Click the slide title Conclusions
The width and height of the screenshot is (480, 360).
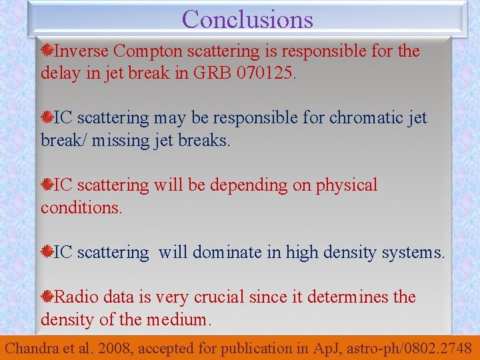[247, 19]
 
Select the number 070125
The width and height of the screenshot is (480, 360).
[261, 73]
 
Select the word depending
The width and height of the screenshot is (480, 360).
[245, 185]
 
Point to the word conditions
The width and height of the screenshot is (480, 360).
[81, 208]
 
